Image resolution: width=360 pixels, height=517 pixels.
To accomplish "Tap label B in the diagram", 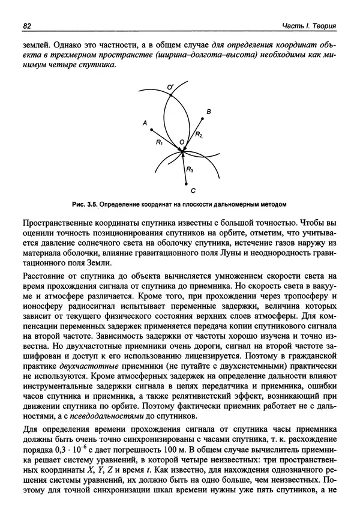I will [208, 112].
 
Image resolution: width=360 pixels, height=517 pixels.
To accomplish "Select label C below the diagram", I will [193, 191].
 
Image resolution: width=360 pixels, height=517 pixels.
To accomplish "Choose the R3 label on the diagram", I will [190, 170].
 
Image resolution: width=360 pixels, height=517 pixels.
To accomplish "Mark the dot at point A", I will [152, 129].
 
